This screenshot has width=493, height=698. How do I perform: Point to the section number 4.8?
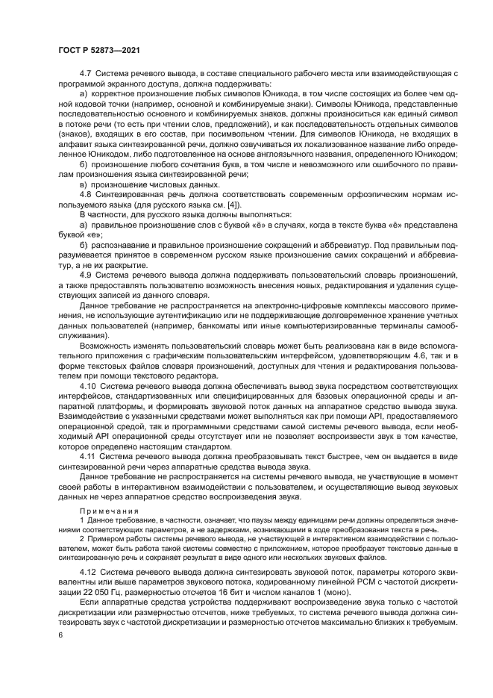point(84,193)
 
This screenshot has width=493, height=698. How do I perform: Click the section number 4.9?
point(84,275)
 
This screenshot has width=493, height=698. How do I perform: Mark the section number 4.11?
point(87,454)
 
